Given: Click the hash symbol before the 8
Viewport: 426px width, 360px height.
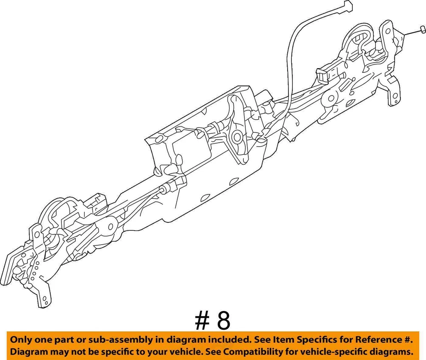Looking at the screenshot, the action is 202,321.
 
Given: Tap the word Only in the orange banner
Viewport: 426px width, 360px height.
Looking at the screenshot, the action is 20,340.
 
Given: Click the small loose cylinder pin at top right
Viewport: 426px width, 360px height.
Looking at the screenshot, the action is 423,29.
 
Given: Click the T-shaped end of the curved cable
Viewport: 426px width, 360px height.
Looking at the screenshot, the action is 346,6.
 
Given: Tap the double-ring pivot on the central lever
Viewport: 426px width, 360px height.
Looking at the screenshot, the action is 237,137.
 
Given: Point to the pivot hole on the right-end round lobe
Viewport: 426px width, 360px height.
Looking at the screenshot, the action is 331,98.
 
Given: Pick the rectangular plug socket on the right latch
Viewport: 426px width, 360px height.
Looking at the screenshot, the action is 324,74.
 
